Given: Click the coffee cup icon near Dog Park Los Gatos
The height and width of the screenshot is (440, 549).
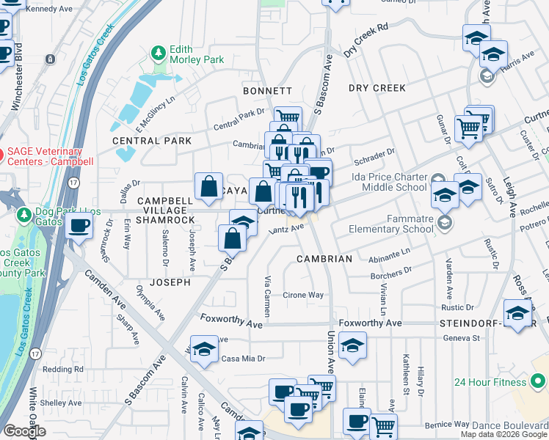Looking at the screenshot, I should point(79,225).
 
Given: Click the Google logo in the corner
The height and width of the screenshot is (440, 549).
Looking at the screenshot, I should point(24,431).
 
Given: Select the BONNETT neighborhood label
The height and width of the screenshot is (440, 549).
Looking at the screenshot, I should point(268,91).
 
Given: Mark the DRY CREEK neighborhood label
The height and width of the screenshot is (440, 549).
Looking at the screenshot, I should point(377,88).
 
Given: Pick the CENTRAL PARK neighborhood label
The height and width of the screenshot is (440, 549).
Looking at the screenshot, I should point(152,140).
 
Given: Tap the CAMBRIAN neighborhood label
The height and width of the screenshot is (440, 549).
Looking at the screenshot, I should point(324,259).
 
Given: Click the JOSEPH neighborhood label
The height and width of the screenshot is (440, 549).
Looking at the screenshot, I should point(170,282).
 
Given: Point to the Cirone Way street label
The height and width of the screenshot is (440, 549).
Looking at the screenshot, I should point(303,296).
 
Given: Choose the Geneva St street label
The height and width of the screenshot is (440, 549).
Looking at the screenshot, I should point(461,338).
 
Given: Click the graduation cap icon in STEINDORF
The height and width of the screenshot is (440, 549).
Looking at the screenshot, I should point(517,312).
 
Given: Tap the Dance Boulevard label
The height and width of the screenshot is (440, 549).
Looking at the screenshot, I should point(510,425).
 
